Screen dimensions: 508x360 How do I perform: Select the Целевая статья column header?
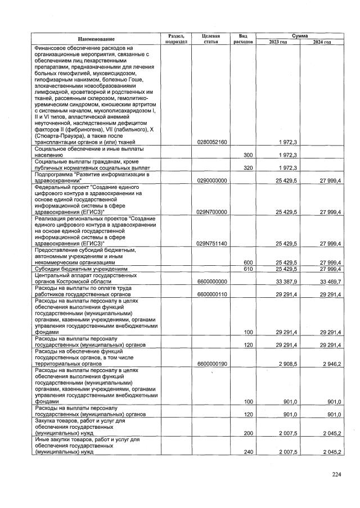(211, 39)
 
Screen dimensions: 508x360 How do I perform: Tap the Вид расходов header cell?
(243, 39)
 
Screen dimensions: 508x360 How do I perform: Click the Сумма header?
(299, 35)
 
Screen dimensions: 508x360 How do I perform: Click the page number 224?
(336, 475)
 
